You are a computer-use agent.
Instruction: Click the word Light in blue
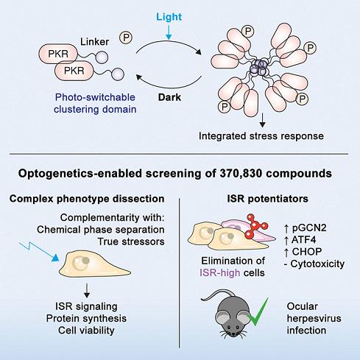click(x=169, y=17)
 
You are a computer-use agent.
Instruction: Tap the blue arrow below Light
click(x=169, y=32)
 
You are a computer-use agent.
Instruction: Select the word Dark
click(x=169, y=97)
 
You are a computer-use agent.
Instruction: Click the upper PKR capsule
click(x=58, y=54)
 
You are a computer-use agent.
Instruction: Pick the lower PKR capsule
click(x=74, y=71)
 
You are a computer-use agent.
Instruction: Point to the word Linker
click(x=94, y=42)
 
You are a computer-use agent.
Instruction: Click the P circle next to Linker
click(x=126, y=38)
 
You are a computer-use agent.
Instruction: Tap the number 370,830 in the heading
click(x=239, y=174)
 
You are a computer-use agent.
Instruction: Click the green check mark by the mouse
click(x=258, y=311)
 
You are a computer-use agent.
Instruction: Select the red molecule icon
click(x=255, y=226)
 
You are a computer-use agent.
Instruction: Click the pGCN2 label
click(x=306, y=228)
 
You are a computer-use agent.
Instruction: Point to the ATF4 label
click(x=300, y=240)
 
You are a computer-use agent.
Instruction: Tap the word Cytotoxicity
click(x=317, y=264)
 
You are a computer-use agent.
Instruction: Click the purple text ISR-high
click(x=220, y=272)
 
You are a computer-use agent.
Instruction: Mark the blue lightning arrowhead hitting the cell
click(x=55, y=258)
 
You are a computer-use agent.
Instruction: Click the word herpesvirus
click(x=314, y=318)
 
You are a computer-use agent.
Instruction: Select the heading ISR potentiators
click(x=267, y=199)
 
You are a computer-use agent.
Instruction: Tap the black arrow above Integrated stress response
click(x=262, y=120)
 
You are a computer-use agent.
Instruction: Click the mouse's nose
click(x=233, y=334)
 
